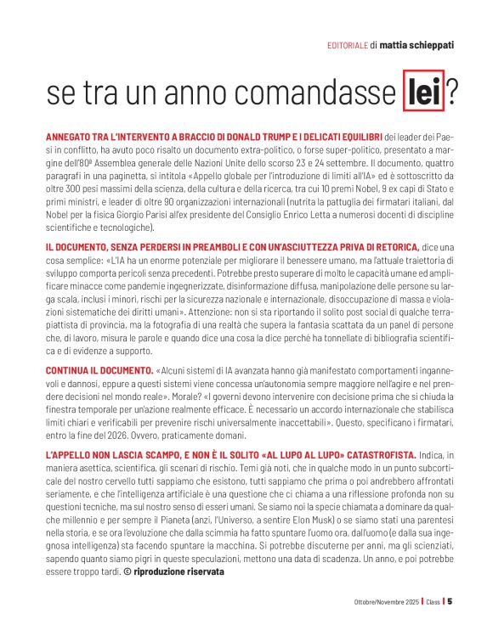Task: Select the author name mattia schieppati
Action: [416, 45]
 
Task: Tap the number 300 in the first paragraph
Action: [74, 179]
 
